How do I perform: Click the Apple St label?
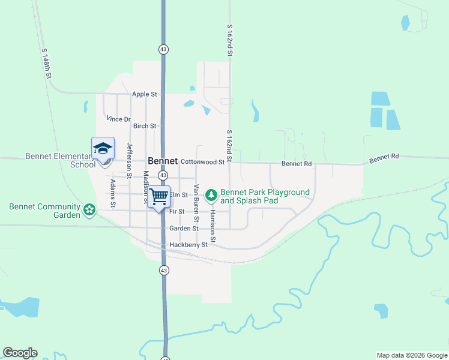tap(144, 94)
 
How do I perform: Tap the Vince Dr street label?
tap(118, 119)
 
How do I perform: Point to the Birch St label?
tap(145, 126)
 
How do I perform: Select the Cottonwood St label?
tap(202, 162)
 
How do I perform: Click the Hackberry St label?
tap(188, 245)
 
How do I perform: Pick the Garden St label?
tap(184, 229)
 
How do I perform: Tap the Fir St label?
tap(176, 212)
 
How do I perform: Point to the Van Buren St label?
tap(196, 217)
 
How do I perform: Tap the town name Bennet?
tap(163, 161)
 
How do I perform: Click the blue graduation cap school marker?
tap(103, 148)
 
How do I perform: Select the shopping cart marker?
tap(159, 196)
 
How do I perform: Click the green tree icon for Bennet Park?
tap(211, 195)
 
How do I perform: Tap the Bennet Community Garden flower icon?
tap(89, 210)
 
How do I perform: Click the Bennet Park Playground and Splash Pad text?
tap(265, 196)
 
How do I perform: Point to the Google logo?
tap(20, 353)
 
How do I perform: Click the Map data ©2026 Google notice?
tap(411, 355)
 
